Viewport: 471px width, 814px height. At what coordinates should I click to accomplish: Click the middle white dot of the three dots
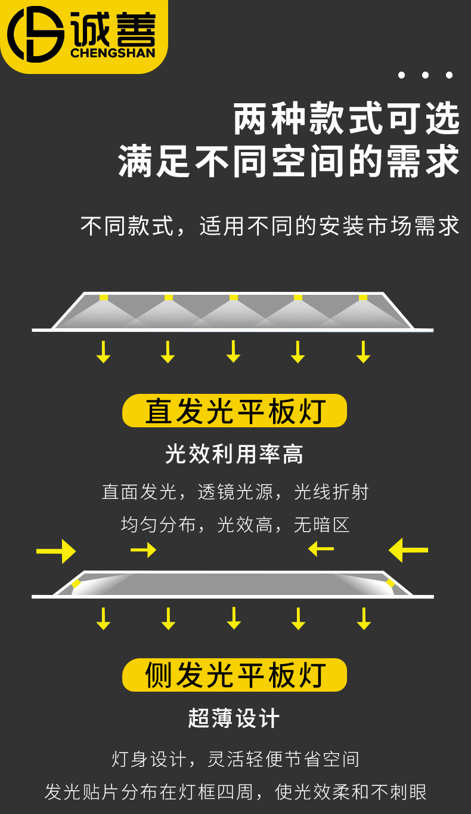[425, 75]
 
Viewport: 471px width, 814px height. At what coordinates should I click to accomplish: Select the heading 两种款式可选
[346, 119]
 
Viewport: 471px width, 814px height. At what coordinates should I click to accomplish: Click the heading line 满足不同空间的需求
[289, 161]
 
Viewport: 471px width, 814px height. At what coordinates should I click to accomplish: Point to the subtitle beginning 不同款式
[270, 226]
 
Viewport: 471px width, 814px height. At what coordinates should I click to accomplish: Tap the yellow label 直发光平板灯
[234, 411]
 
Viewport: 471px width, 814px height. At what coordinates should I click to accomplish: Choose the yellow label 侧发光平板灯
[234, 675]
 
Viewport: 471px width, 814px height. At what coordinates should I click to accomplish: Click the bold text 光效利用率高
[234, 454]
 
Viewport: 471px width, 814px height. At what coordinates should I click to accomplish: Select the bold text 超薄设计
[234, 718]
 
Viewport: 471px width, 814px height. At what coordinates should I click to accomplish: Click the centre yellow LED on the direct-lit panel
[234, 297]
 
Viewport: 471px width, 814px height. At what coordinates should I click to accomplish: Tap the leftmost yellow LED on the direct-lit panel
[104, 297]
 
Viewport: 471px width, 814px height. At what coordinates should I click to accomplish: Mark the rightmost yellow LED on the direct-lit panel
[363, 297]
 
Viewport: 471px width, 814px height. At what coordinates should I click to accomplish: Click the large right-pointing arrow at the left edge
[56, 551]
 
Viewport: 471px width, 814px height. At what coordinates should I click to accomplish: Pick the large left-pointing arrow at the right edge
[408, 550]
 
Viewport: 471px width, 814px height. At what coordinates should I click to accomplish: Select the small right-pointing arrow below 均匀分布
[144, 550]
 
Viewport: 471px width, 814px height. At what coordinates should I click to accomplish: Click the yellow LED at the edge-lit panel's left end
[76, 583]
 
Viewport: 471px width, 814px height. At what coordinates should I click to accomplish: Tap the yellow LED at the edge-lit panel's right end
[390, 582]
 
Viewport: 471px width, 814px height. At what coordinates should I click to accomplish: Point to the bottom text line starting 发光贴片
[235, 792]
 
